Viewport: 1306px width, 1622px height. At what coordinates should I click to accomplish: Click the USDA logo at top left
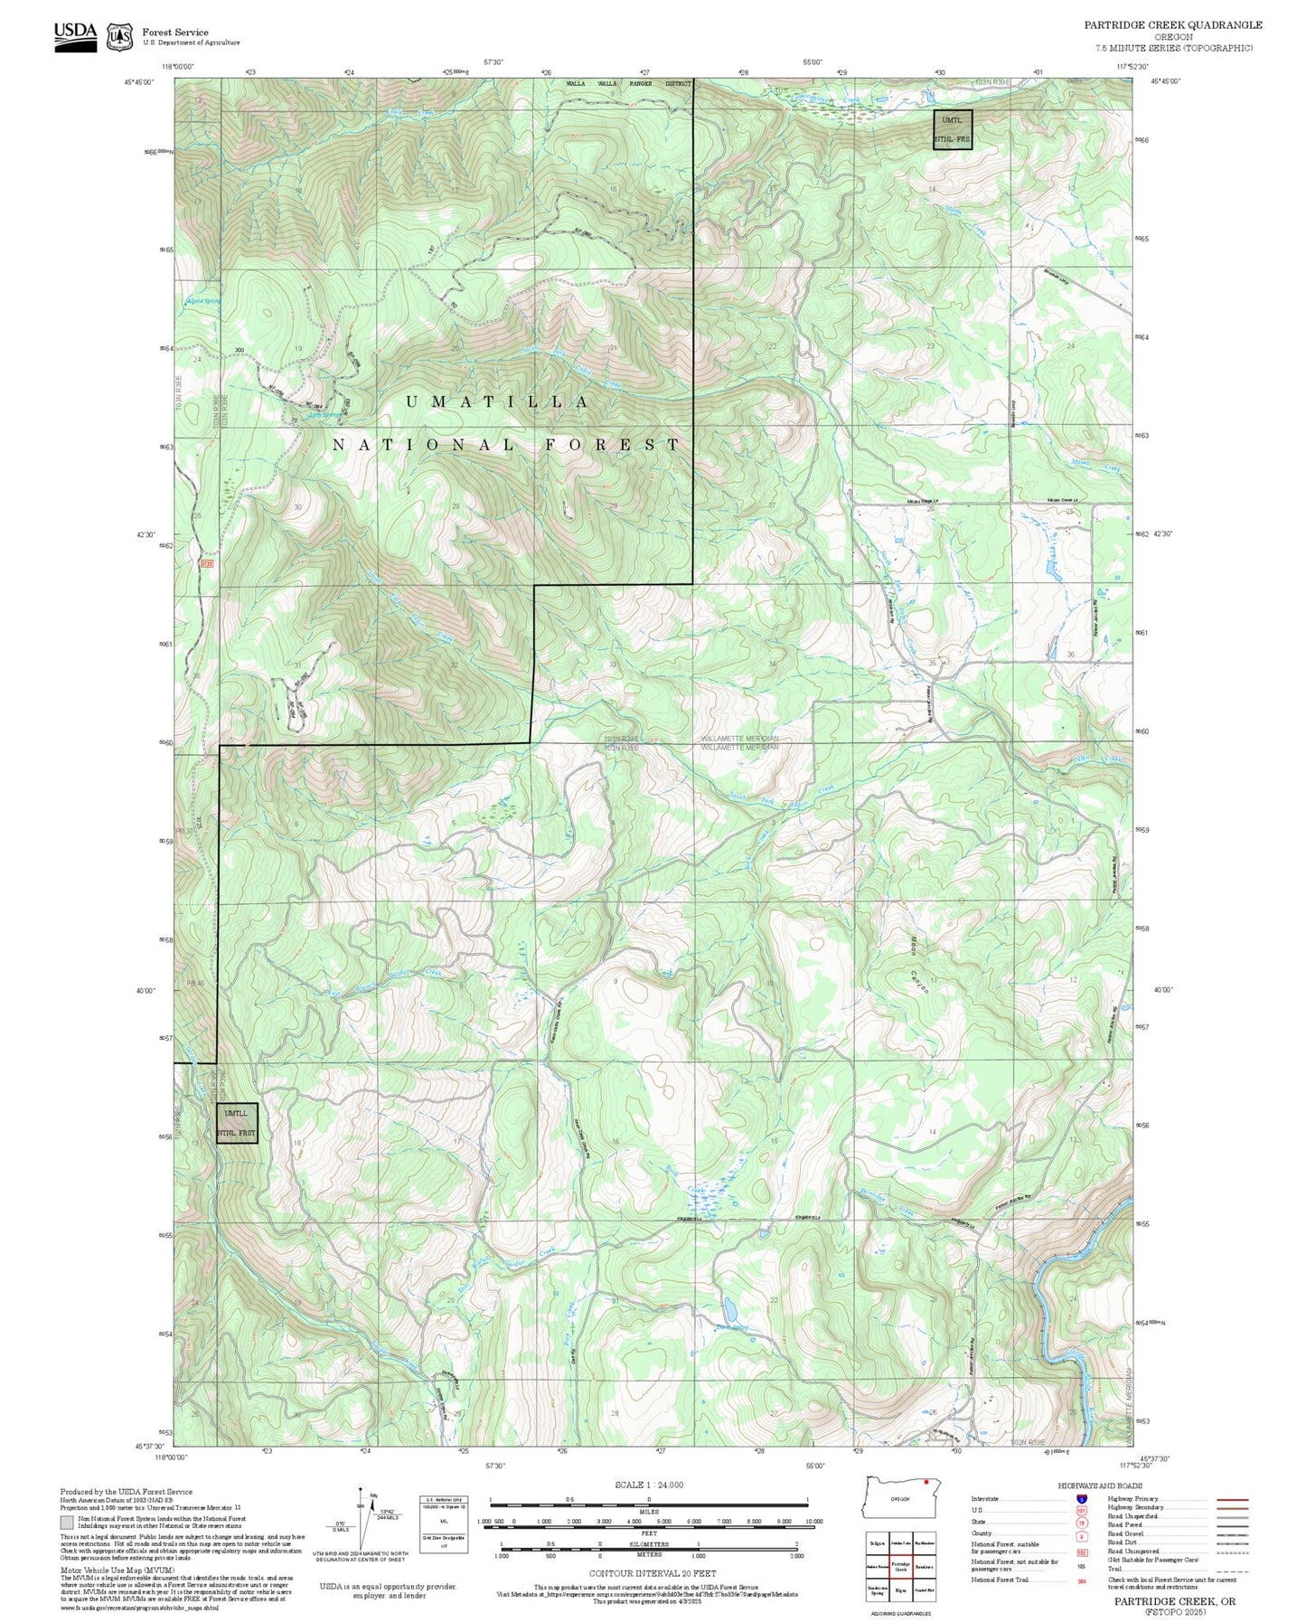[x=75, y=35]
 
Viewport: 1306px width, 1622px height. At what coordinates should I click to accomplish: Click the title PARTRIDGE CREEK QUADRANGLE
[x=1173, y=24]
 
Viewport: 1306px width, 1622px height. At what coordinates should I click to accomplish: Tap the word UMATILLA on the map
[x=498, y=402]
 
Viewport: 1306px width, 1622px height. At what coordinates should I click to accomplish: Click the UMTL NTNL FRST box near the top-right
[x=953, y=129]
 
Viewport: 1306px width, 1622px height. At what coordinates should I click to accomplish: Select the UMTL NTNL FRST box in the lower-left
[x=238, y=1123]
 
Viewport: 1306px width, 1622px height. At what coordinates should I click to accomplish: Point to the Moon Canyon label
[x=917, y=966]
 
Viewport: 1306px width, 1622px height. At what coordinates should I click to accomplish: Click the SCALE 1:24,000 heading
[x=649, y=1485]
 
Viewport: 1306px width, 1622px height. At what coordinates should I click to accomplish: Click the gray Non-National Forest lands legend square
[x=67, y=1522]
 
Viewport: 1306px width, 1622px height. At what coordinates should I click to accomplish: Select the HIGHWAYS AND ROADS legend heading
[x=1100, y=1485]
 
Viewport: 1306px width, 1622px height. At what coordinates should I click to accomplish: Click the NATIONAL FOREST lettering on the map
[x=506, y=445]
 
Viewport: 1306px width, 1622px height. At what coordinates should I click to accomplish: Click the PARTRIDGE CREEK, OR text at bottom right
[x=1174, y=1600]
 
